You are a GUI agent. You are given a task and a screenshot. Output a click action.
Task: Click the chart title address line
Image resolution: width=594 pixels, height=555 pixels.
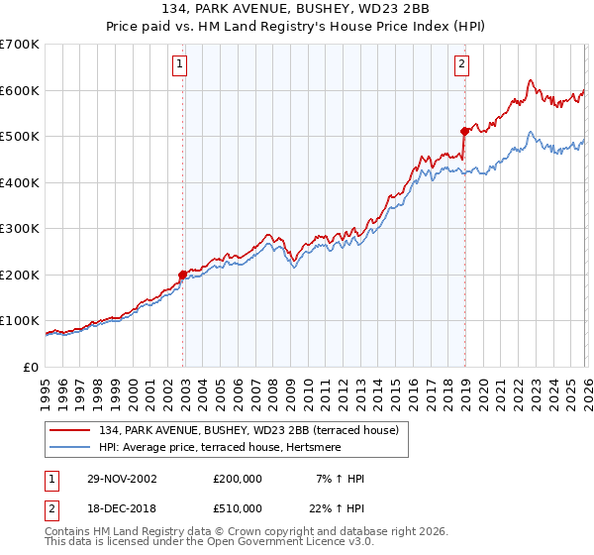pos(297,9)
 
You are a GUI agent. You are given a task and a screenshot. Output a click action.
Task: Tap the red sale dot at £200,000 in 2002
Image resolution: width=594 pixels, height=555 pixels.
pos(183,276)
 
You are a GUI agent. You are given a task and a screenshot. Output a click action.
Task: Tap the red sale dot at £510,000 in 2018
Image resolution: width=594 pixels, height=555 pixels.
pos(464,131)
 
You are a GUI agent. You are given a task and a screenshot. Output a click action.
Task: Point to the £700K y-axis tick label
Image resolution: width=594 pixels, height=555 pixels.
pos(20,45)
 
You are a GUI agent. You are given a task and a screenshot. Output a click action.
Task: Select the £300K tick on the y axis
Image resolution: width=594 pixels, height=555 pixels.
pos(20,229)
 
